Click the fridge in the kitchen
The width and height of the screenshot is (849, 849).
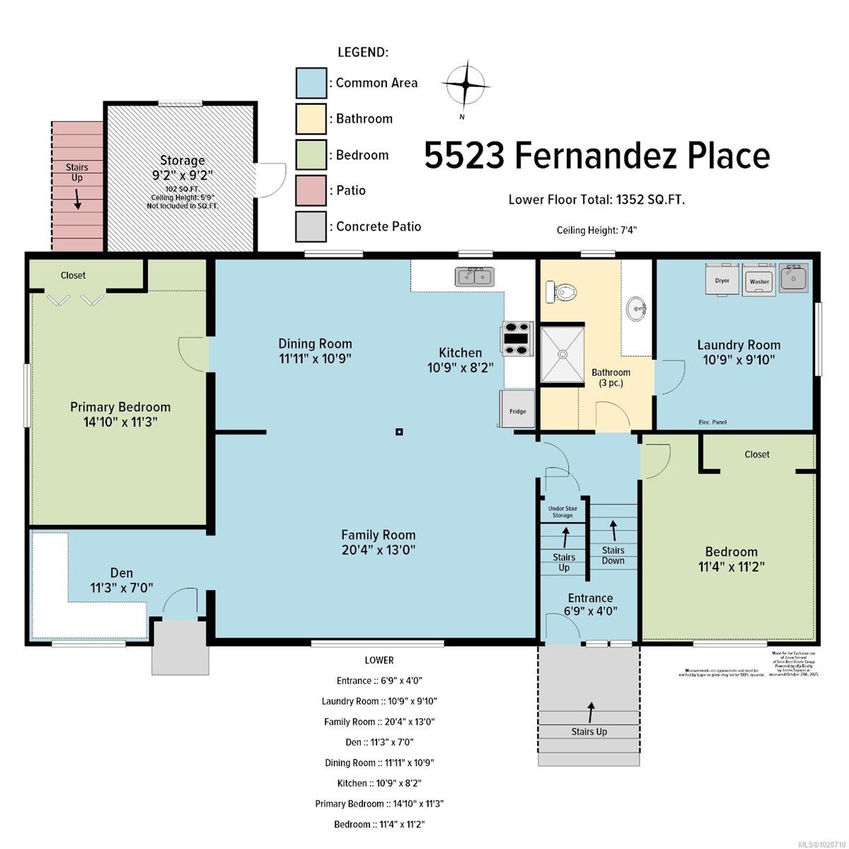pos(517,409)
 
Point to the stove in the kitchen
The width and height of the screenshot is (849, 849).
pos(517,338)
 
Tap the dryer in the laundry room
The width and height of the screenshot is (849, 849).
pos(722,279)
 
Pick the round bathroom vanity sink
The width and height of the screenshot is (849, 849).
pos(636,309)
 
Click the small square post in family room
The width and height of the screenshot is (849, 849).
pos(399,432)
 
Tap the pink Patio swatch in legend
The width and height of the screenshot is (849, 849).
pos(311,190)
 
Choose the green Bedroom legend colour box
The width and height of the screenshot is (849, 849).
pos(311,154)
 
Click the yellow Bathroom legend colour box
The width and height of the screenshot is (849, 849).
pos(311,118)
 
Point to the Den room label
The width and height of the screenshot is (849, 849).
pos(122,573)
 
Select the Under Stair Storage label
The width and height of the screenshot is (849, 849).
pos(563,512)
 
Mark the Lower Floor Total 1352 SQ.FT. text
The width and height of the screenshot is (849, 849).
pos(596,200)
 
